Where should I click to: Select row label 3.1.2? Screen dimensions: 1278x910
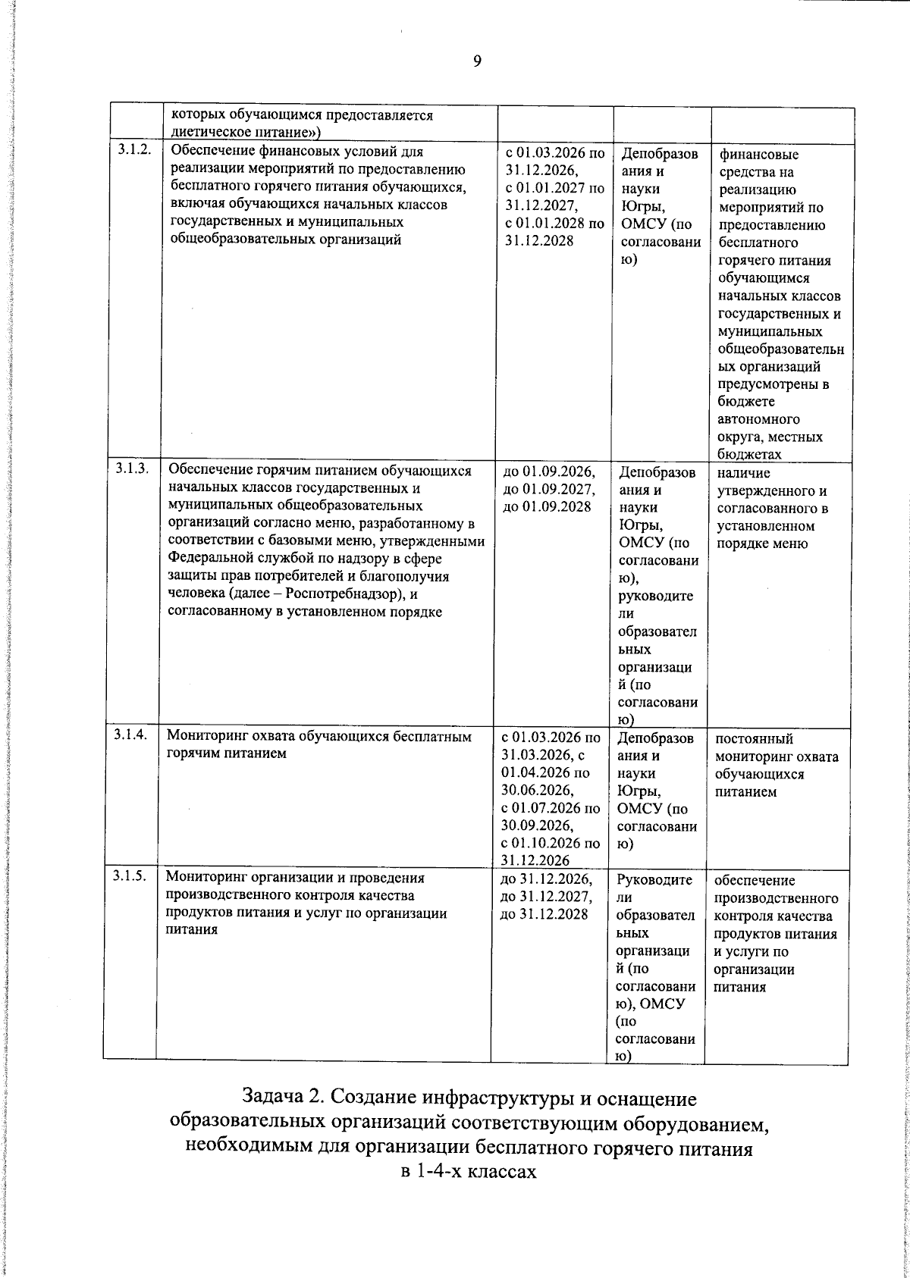133,151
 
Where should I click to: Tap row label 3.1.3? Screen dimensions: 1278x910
131,468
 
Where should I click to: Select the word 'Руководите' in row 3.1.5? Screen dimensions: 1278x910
654,880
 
